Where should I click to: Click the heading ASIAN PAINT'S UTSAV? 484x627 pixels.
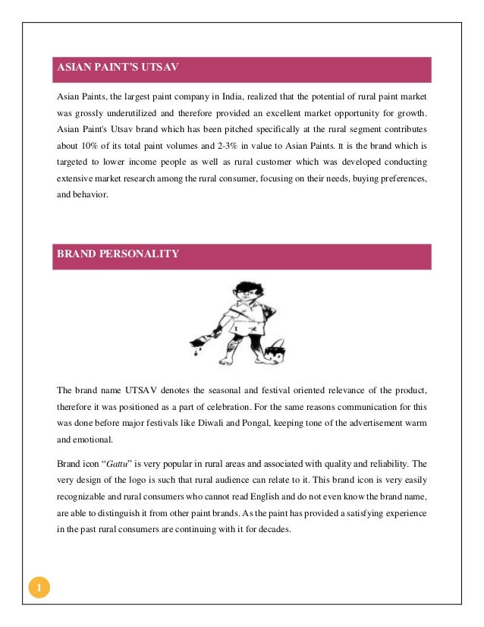click(x=117, y=69)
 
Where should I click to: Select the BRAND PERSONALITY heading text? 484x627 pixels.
click(x=118, y=254)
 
